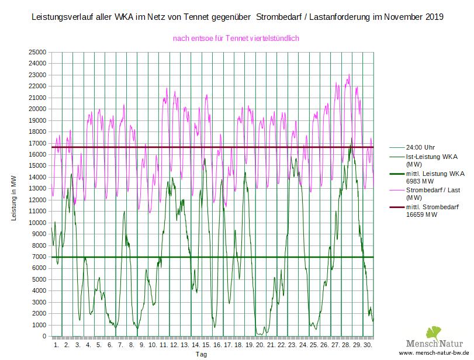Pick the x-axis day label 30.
(368, 345)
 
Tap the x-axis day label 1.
(57, 345)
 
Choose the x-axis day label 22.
(282, 345)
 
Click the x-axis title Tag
(201, 355)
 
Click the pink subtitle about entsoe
(236, 39)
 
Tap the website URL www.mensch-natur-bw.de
(433, 354)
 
